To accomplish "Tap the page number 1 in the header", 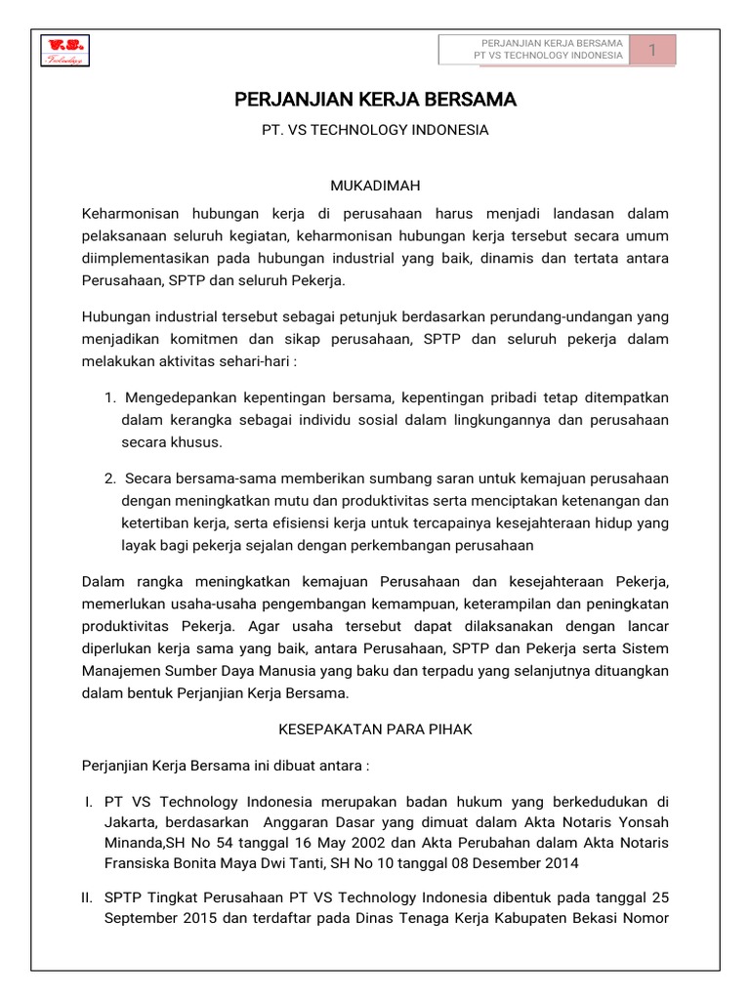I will [x=651, y=50].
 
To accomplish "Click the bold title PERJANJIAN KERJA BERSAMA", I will [x=375, y=100].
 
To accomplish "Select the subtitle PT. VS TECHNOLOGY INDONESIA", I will [x=375, y=129].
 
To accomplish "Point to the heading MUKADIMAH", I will [x=375, y=185].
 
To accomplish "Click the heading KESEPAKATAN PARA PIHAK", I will [x=375, y=729].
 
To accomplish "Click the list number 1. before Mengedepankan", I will [x=110, y=398].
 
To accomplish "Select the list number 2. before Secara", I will [x=110, y=478].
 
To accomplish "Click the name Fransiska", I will [x=137, y=863].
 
